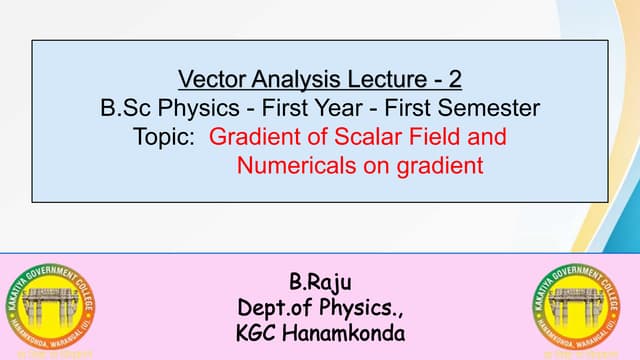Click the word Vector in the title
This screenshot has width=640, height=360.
click(207, 77)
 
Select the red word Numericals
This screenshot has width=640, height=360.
click(292, 164)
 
